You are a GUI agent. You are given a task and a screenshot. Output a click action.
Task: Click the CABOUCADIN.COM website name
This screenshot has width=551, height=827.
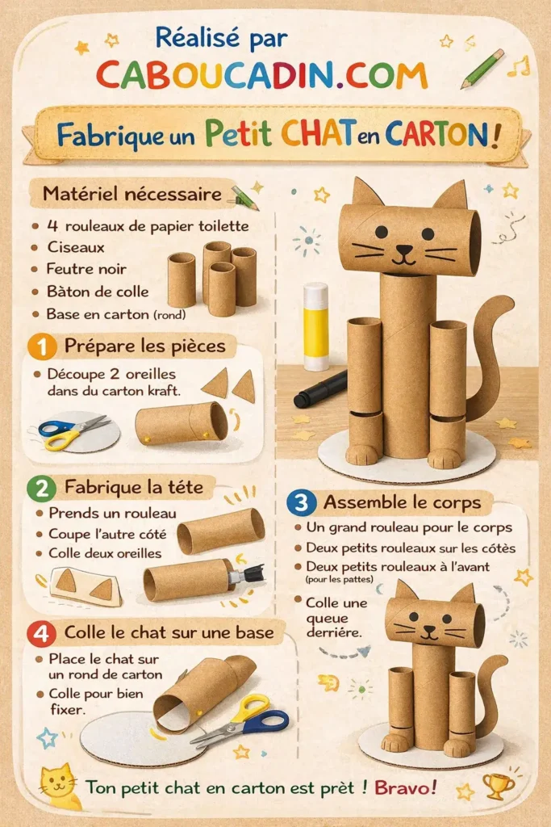[x=261, y=73]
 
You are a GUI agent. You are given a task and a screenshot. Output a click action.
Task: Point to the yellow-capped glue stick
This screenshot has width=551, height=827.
[x=315, y=325]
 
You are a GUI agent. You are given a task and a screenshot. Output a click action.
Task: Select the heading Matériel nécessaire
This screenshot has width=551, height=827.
[x=132, y=195]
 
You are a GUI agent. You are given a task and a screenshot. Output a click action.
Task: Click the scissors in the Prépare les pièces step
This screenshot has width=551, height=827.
[x=73, y=431]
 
